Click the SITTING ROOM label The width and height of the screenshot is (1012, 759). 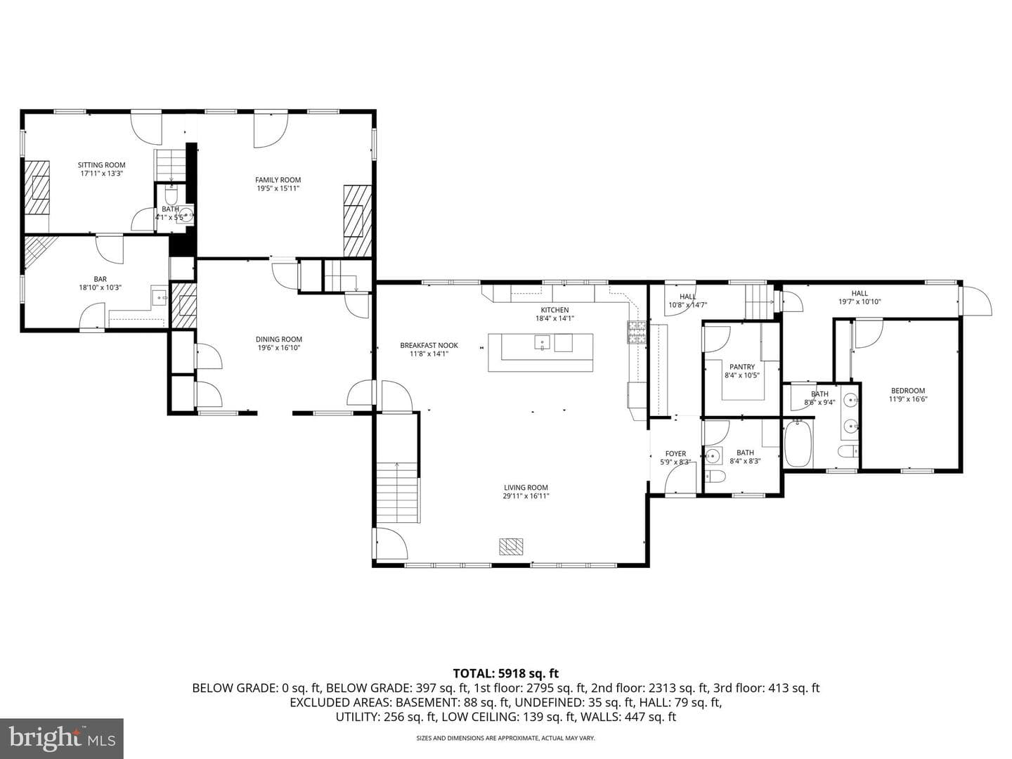pyautogui.click(x=101, y=165)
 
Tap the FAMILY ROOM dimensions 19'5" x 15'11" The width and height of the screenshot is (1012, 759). pyautogui.click(x=278, y=188)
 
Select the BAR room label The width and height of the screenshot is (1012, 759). pyautogui.click(x=100, y=279)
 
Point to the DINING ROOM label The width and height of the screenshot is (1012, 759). pyautogui.click(x=279, y=339)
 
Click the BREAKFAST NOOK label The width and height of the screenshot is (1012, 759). pyautogui.click(x=429, y=346)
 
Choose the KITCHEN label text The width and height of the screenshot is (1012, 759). pyautogui.click(x=554, y=310)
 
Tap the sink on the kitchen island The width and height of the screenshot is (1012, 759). pyautogui.click(x=542, y=342)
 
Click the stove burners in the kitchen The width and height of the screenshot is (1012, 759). pyautogui.click(x=637, y=332)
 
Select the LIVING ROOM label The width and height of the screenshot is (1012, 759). pyautogui.click(x=526, y=488)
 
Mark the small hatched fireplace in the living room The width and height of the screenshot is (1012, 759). pyautogui.click(x=511, y=547)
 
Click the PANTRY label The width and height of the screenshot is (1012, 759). pyautogui.click(x=742, y=367)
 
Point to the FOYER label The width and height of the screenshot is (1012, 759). pyautogui.click(x=675, y=454)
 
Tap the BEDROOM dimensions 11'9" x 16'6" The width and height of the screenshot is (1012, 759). pyautogui.click(x=908, y=399)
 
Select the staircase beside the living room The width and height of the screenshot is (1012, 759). pyautogui.click(x=398, y=492)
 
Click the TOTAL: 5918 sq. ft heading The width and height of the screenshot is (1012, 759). pyautogui.click(x=506, y=674)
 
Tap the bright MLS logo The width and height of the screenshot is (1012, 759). pyautogui.click(x=62, y=739)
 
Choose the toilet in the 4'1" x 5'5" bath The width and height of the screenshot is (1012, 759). pyautogui.click(x=171, y=197)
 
